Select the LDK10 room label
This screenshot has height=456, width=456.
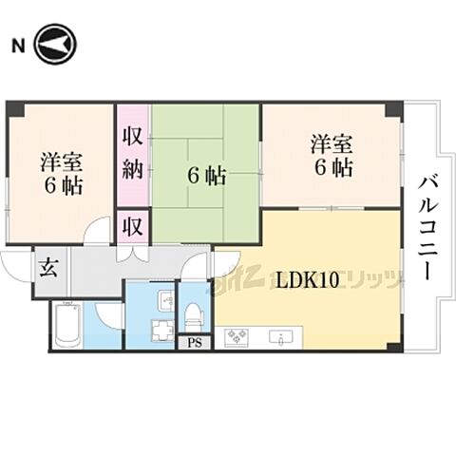coord(307,280)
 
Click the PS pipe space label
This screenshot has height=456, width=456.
coord(195,342)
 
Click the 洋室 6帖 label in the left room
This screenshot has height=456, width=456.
coord(61,171)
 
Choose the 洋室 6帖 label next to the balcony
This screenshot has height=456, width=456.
coord(332,156)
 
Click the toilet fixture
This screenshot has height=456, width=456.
coord(193,312)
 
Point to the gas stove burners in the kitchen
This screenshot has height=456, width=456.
coord(234,337)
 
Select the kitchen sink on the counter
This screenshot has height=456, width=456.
coord(282,337)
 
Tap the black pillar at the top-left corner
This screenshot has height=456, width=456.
coord(12,108)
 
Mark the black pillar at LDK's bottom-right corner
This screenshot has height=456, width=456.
coord(393,346)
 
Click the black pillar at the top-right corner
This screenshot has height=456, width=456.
coord(392,109)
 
